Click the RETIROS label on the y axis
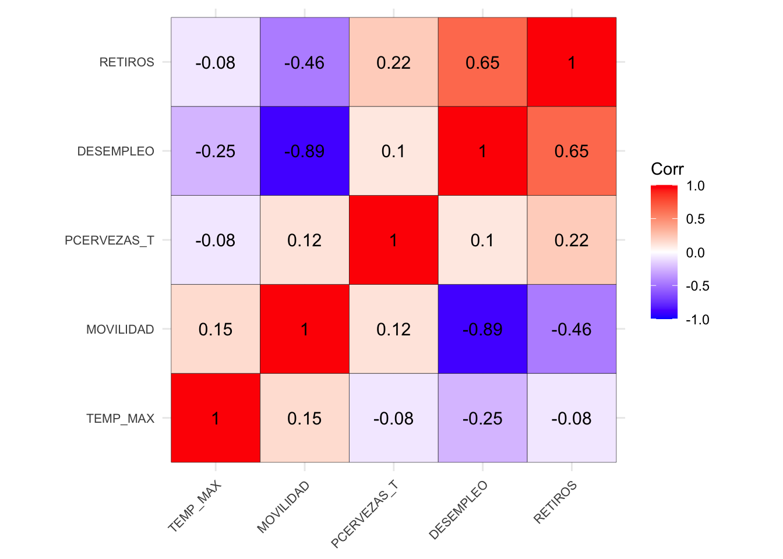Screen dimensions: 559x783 click(x=126, y=62)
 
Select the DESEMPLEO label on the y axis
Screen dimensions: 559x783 click(x=116, y=151)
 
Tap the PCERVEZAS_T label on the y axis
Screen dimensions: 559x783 click(x=110, y=240)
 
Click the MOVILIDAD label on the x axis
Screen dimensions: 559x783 click(x=283, y=507)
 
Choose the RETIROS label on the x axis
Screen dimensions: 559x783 click(x=555, y=502)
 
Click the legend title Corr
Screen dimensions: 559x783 click(x=667, y=169)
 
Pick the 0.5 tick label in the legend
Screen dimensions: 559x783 click(x=696, y=220)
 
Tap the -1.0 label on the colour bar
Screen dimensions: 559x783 click(x=697, y=320)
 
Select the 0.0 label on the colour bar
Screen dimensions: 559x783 click(x=696, y=253)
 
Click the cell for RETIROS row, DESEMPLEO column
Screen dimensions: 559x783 click(x=482, y=62)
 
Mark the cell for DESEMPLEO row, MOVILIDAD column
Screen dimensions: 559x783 click(x=305, y=151)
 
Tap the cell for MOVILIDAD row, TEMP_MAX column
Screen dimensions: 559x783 click(x=216, y=329)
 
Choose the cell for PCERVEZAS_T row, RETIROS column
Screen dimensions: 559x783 click(x=572, y=240)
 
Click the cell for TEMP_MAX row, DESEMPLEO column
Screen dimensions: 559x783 click(x=482, y=418)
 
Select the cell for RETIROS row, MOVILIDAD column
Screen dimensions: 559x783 click(x=305, y=62)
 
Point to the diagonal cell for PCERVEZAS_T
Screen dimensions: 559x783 click(x=394, y=240)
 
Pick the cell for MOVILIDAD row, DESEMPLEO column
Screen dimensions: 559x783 click(x=482, y=329)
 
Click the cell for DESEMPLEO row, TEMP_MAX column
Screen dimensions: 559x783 click(x=216, y=151)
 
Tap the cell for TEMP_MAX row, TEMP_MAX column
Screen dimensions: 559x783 click(x=216, y=418)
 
